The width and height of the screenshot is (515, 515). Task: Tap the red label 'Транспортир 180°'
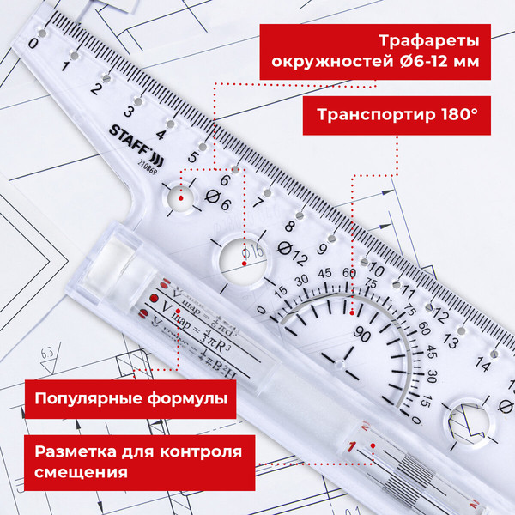point(397,115)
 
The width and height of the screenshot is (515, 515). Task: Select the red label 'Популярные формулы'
point(130,399)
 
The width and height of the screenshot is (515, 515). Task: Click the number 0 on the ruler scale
point(33,43)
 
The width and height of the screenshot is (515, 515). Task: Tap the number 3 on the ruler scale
point(130,111)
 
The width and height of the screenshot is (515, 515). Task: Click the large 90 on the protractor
point(361,333)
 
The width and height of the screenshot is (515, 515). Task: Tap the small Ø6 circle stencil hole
point(182,197)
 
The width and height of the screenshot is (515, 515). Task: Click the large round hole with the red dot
point(243,255)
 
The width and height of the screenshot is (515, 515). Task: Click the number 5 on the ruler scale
point(193,158)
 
